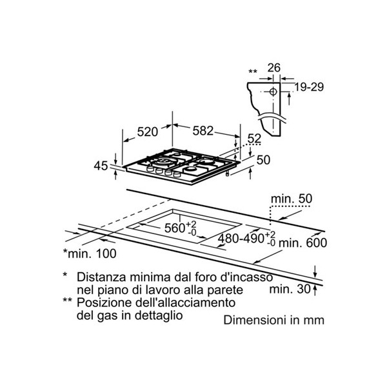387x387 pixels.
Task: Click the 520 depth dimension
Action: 147,132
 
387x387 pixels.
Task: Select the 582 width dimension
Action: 203,130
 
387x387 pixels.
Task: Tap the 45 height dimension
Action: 101,166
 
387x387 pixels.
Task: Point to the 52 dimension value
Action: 255,139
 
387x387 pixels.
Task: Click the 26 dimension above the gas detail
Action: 274,68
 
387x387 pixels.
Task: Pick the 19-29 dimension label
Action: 309,87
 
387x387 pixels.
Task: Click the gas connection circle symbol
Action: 273,92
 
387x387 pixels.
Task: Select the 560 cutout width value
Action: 175,228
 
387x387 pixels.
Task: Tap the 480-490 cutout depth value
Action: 241,239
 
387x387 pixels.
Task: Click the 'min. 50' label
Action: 292,199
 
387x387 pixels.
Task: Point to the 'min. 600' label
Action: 303,243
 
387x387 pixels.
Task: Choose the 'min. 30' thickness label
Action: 290,289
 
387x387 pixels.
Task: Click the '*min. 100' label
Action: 90,253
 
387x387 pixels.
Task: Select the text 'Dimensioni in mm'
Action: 273,320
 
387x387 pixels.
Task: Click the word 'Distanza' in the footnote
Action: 102,277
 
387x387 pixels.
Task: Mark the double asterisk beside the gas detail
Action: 253,72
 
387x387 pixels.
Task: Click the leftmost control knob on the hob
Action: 150,169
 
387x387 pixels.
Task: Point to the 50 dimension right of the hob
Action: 263,160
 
